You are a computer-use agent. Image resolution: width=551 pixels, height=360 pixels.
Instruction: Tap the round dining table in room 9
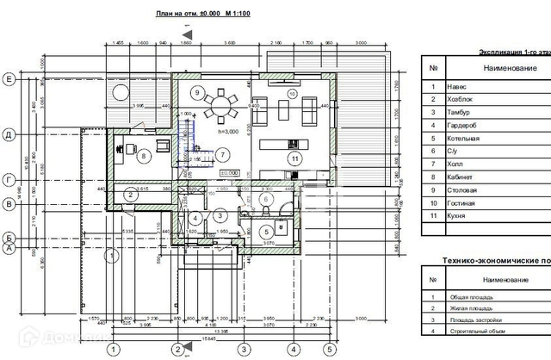coord(222,106)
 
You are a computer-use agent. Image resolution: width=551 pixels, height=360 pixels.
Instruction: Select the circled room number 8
coord(145,156)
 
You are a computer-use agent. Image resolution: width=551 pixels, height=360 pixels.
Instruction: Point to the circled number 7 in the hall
coord(221,155)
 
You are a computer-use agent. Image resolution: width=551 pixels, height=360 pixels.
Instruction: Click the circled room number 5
coord(267,231)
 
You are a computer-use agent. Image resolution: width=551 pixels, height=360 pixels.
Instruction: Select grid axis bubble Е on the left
coord(9,79)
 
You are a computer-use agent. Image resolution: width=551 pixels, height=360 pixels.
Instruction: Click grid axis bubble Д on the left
coord(9,135)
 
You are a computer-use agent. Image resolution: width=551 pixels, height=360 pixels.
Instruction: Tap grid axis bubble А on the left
coord(9,248)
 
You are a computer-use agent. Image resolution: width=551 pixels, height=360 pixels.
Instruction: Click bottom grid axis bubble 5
coord(328,350)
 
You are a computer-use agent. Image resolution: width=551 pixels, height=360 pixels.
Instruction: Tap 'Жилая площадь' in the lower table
coord(470,307)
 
